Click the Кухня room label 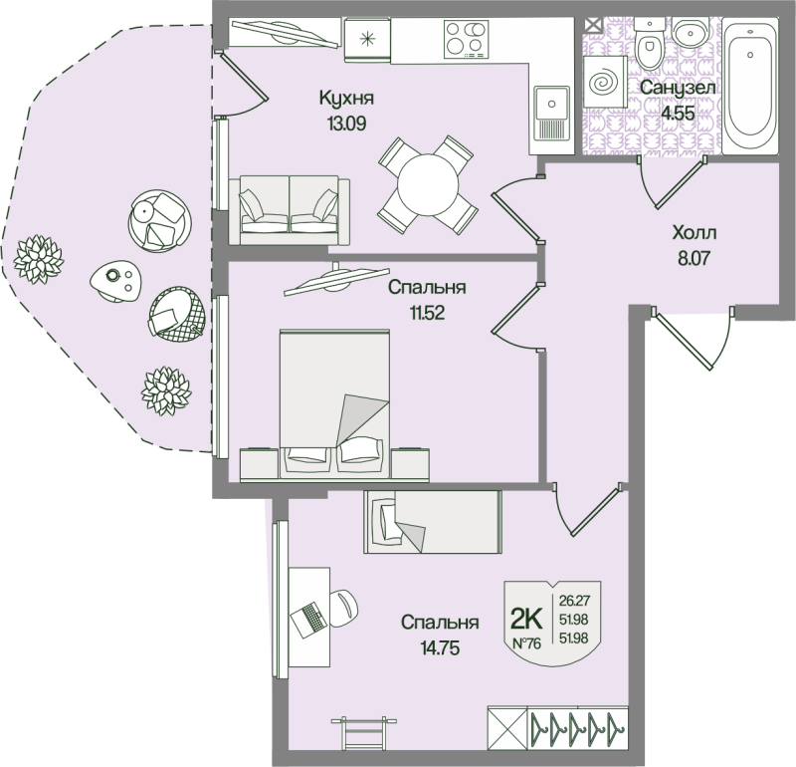346,98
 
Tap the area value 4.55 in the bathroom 678,113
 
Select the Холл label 694,233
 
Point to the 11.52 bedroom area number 427,313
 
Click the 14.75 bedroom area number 440,648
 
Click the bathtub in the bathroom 750,86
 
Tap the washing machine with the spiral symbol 605,82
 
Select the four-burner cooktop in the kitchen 466,39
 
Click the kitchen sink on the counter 551,113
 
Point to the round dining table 428,185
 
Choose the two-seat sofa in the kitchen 289,210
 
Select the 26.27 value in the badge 574,601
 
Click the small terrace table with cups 115,281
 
